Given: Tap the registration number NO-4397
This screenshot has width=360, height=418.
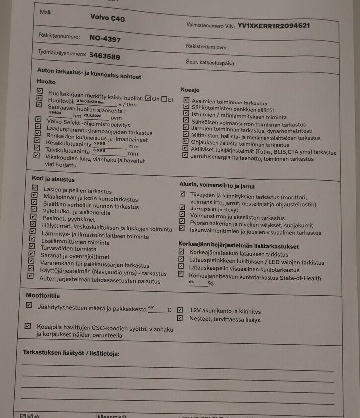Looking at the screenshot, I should point(105,38).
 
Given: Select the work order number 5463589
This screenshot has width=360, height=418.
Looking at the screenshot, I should point(104,56).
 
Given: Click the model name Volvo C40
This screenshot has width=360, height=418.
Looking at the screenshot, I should point(108,17).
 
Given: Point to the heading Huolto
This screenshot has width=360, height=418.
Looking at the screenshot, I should point(46,81).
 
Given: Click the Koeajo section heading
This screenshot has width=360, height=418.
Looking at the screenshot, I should point(189,90).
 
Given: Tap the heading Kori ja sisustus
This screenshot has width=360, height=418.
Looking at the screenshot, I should point(53,179).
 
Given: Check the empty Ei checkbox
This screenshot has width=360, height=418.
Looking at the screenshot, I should point(164,99).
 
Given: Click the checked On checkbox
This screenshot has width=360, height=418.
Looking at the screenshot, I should point(148,98).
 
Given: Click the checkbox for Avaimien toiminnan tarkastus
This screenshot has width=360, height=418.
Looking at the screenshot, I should point(186,101).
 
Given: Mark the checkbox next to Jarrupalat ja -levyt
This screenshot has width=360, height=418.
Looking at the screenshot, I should point(182,209).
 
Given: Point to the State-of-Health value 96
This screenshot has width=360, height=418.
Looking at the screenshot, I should point(192,282).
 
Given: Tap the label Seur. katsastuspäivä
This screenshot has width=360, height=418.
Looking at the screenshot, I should point(209,63).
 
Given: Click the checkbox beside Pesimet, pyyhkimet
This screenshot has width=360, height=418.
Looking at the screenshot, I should point(34,218).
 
